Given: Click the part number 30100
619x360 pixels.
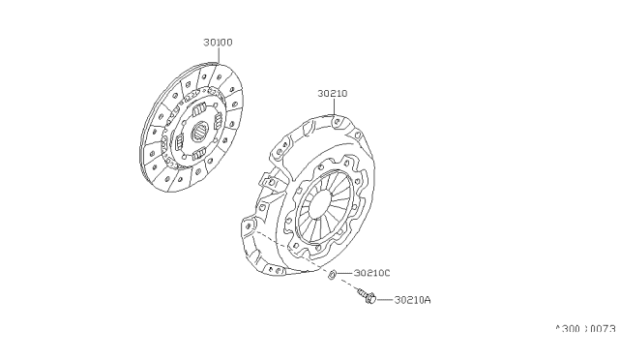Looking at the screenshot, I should tap(218, 43).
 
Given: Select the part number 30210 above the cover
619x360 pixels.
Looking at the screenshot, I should tap(332, 94).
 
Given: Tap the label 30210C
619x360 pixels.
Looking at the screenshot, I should tap(371, 274).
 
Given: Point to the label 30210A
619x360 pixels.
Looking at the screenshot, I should tap(412, 300).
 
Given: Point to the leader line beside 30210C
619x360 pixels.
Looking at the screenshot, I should tap(345, 275).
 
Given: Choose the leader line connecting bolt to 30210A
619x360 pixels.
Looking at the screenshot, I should tap(384, 299).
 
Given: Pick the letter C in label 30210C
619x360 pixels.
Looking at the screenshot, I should tap(387, 274).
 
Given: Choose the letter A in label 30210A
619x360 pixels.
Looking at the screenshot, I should tap(427, 300).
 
